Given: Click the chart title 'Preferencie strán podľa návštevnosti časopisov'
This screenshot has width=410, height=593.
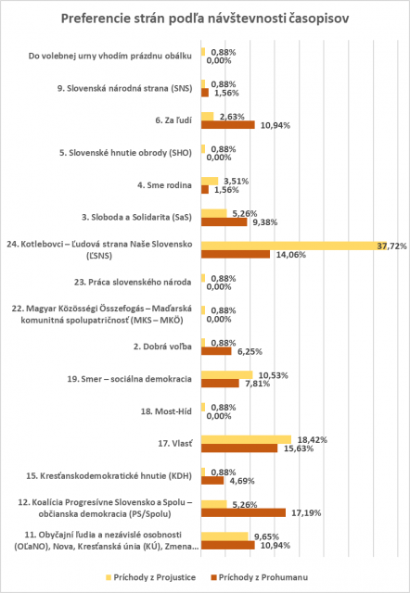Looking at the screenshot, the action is (x=205, y=19).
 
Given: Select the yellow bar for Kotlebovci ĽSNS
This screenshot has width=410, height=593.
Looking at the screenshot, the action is (x=294, y=246).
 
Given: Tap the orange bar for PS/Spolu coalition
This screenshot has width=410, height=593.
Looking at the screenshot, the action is (x=243, y=512).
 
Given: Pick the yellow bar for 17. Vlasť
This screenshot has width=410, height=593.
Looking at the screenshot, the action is (x=246, y=440).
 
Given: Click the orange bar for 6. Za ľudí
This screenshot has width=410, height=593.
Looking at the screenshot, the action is (x=228, y=125).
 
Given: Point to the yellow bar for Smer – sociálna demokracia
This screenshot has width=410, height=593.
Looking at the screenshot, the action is (x=226, y=375).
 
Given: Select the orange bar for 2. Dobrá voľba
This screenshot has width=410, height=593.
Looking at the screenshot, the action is (x=216, y=351).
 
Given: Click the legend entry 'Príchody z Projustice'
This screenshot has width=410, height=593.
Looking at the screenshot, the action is (x=151, y=577).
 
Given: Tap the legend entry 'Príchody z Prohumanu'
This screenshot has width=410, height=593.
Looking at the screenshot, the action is (x=258, y=577).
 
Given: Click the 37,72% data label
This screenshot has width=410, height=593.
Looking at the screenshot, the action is (x=391, y=246).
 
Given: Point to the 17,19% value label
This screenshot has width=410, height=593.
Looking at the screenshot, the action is (x=306, y=513).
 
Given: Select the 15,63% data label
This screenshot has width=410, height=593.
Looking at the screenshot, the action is (x=299, y=448).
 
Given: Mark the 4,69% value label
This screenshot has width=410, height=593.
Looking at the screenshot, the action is (x=242, y=481).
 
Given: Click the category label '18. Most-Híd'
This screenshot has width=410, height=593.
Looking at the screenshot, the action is (x=166, y=411).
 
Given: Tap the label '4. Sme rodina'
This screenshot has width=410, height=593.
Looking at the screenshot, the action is (x=164, y=185).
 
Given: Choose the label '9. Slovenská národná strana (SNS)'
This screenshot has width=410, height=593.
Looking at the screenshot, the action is (x=125, y=89).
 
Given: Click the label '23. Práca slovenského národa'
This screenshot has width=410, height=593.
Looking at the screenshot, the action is (x=133, y=282).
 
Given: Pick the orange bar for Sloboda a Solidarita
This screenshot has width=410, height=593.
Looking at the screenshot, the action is (x=224, y=222).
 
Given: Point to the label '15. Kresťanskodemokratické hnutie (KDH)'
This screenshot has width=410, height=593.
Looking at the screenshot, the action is (x=109, y=475).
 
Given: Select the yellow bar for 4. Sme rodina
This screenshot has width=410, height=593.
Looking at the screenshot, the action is (x=210, y=182).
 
